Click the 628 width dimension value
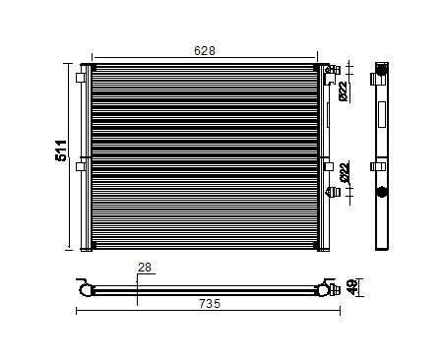(x=205, y=50)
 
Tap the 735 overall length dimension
(x=210, y=304)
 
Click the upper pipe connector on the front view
(x=335, y=70)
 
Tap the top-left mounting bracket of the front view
(x=81, y=76)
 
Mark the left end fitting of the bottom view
(x=86, y=288)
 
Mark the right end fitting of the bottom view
(x=321, y=288)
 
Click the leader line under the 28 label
(x=139, y=280)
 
